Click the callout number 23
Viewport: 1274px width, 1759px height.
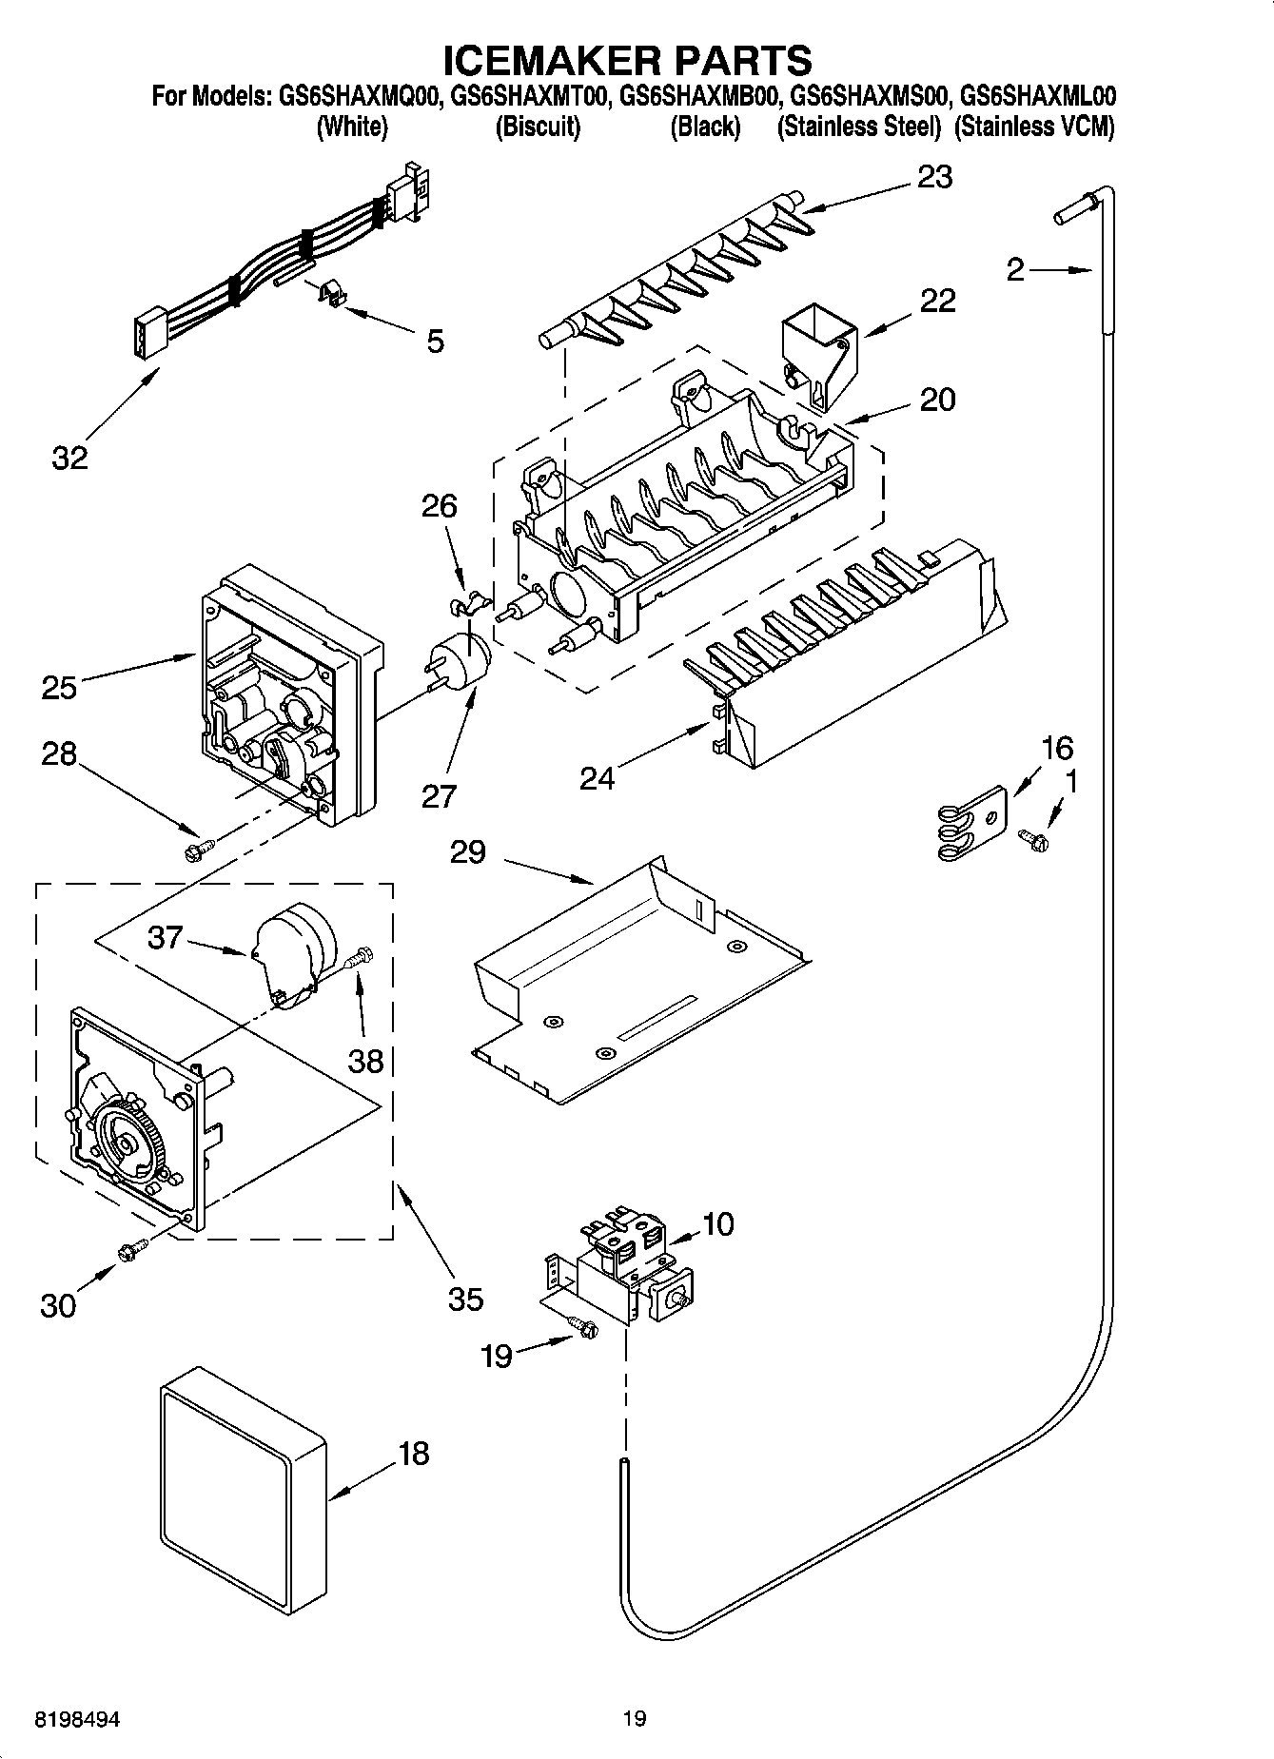click(x=934, y=177)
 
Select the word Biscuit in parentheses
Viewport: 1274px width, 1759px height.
click(x=538, y=127)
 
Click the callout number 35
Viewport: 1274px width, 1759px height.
click(x=465, y=1299)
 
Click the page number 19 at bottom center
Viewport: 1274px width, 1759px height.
click(x=635, y=1718)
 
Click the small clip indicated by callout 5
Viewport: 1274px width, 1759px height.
click(x=329, y=295)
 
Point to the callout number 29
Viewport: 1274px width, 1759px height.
click(x=469, y=851)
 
